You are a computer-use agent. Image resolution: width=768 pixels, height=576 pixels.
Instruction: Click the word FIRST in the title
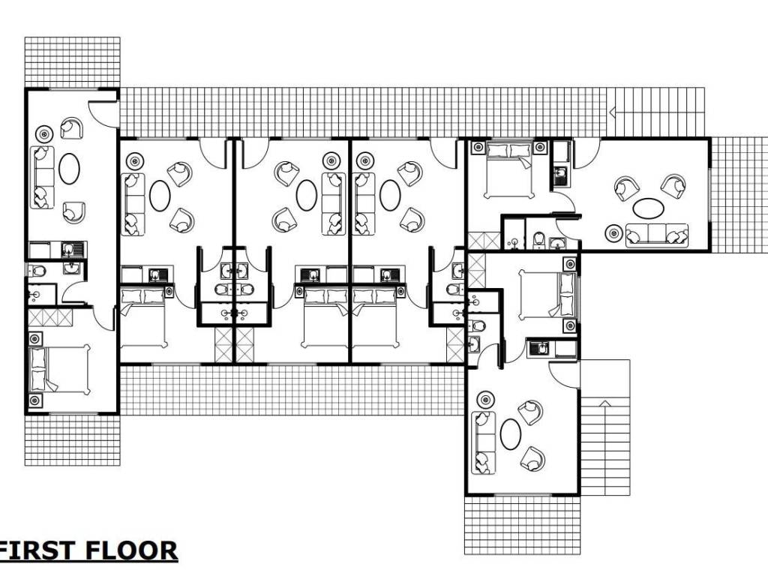tap(37, 550)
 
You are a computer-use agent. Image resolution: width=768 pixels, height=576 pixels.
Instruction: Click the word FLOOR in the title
tap(132, 550)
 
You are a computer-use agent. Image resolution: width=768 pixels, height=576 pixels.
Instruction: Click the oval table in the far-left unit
tap(69, 169)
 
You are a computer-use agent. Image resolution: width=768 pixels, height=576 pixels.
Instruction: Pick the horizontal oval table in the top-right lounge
tap(649, 208)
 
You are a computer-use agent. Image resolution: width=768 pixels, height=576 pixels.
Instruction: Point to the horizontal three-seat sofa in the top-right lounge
tap(657, 235)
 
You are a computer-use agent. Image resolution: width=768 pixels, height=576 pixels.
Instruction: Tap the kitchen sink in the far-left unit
tap(72, 250)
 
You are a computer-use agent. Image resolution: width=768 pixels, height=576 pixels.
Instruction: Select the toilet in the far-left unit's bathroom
tap(37, 270)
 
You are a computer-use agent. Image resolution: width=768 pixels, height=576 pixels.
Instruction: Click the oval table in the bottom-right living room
tap(511, 434)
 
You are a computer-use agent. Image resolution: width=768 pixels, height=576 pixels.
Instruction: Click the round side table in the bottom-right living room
tap(485, 399)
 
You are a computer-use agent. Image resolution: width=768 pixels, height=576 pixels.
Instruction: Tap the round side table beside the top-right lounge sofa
tap(613, 232)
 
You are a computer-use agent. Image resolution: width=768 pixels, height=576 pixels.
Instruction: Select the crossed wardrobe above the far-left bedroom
tap(50, 317)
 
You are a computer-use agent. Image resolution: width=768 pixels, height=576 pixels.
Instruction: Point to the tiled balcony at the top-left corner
tap(73, 62)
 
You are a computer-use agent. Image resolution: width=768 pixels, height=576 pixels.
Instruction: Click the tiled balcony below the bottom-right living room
tap(523, 526)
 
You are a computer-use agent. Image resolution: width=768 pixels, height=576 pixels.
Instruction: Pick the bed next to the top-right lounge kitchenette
tap(509, 170)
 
